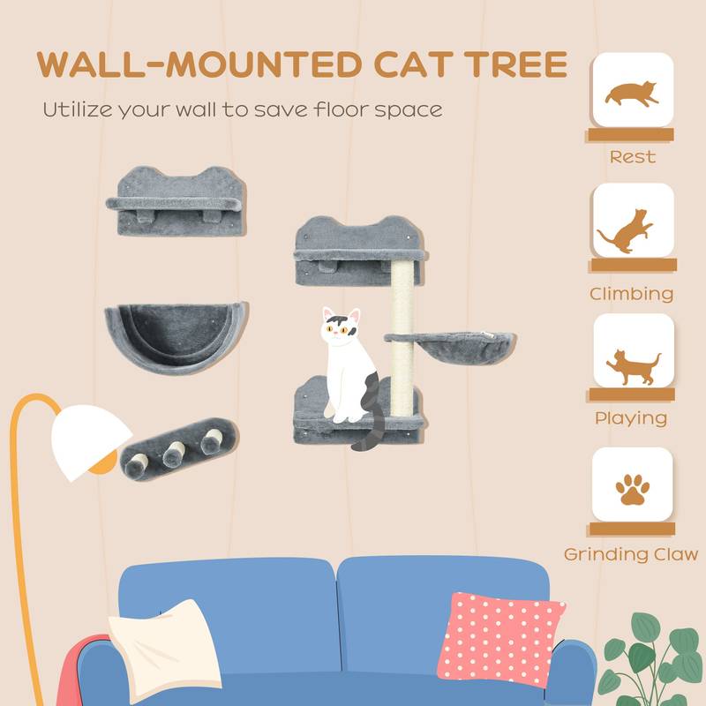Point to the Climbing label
click(x=633, y=293)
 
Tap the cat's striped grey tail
click(x=370, y=415)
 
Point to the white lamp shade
click(x=92, y=438)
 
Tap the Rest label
click(x=633, y=157)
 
